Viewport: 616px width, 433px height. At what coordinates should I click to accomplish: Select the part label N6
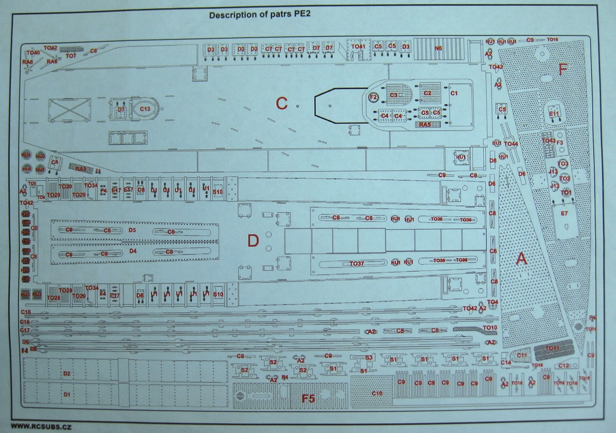pos(438,48)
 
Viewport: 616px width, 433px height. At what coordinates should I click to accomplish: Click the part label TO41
pos(358,46)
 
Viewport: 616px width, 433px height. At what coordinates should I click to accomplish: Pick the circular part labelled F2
pos(372,97)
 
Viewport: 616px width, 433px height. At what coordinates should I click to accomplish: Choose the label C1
pos(454,92)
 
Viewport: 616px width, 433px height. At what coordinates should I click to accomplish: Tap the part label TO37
pos(357,263)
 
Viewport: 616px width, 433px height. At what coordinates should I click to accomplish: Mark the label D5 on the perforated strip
pos(132,230)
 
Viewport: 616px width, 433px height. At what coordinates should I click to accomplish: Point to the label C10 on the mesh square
pos(377,394)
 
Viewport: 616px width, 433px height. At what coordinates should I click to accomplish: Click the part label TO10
pos(489,328)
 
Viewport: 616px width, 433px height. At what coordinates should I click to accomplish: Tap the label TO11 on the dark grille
pos(552,348)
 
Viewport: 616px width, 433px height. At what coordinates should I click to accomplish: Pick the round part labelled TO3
pos(563,164)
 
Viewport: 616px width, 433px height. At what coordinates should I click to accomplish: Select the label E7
pos(564,213)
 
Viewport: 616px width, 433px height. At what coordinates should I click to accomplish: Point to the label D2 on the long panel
pos(67,373)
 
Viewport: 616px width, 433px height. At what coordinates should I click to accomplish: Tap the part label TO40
pos(33,52)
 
